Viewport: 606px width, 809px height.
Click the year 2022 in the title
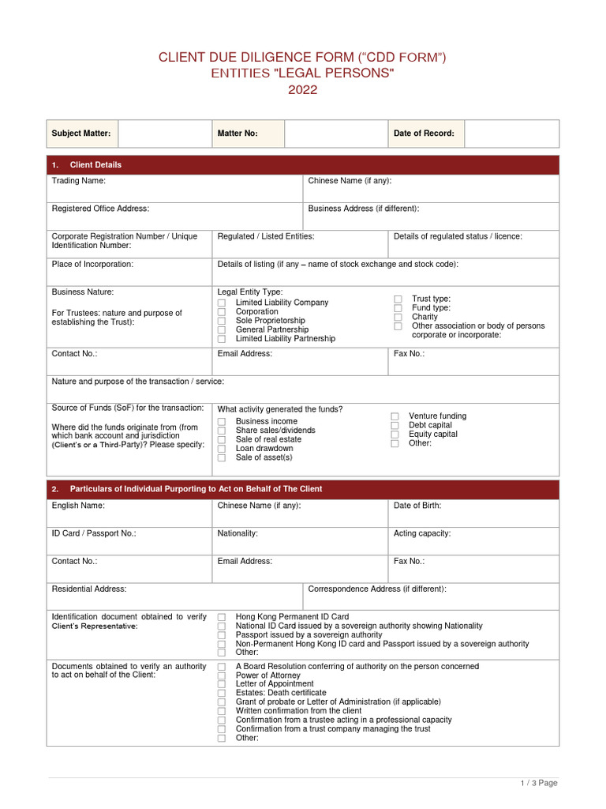[x=302, y=90]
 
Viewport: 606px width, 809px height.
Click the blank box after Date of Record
[x=511, y=134]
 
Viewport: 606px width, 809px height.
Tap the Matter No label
[x=238, y=134]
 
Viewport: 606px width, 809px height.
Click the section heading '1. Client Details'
[x=95, y=165]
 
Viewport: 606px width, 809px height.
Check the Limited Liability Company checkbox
[x=222, y=303]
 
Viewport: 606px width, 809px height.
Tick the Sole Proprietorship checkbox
[x=222, y=322]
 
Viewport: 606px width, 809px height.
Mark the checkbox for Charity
[x=398, y=318]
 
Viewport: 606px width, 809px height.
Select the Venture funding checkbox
[x=395, y=416]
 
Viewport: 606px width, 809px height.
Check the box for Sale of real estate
[x=222, y=440]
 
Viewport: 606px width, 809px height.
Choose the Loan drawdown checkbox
[x=222, y=449]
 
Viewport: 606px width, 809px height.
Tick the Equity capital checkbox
[x=395, y=435]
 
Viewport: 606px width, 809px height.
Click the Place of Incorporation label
[x=92, y=264]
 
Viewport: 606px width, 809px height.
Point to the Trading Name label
[x=78, y=181]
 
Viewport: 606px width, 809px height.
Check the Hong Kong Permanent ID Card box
[x=222, y=617]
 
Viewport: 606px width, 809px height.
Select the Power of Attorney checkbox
[x=222, y=676]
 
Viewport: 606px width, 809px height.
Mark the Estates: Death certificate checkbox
[x=222, y=694]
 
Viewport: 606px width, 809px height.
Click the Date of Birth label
[x=417, y=506]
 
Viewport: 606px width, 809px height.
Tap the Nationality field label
[x=238, y=533]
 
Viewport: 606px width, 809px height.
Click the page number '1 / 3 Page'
[x=538, y=783]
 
